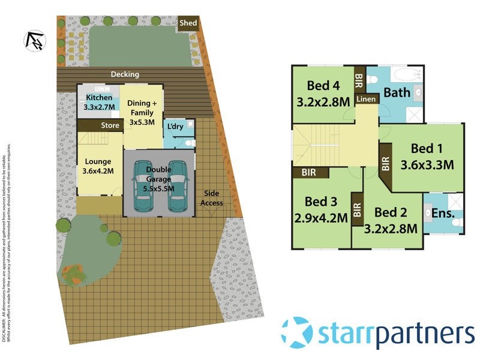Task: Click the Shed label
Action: [188, 23]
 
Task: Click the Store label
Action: [110, 125]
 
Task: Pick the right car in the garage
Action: [178, 186]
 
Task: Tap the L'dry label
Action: [175, 127]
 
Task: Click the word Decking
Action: [125, 74]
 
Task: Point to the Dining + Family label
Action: [142, 112]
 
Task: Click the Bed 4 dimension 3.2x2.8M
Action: [323, 102]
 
